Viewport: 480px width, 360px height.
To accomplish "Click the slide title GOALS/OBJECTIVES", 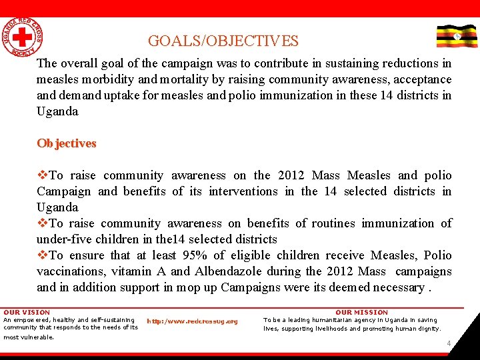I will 223,41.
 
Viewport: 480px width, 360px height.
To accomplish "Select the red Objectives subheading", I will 67,143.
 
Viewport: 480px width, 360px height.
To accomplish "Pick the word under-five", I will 64,239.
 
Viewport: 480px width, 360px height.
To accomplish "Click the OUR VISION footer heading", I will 27,312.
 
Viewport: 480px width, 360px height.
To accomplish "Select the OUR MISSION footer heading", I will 361,312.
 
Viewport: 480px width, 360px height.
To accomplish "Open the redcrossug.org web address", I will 192,321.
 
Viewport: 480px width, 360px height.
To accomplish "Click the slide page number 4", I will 449,344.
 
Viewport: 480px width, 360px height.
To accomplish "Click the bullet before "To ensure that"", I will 43,255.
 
